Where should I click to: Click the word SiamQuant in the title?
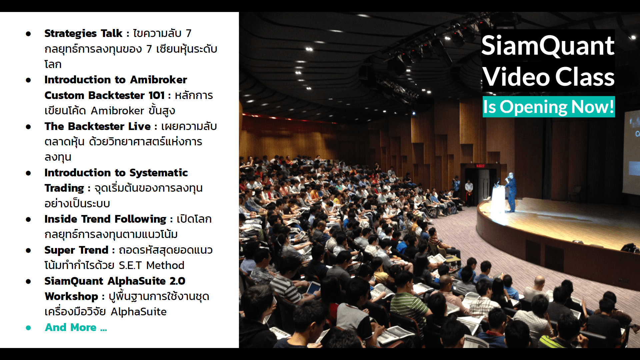[x=548, y=46]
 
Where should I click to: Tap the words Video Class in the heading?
[x=548, y=77]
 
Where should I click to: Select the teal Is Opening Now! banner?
[x=549, y=107]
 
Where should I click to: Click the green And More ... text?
[x=76, y=327]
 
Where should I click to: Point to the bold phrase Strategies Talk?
[x=83, y=33]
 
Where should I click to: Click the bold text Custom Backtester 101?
[x=105, y=95]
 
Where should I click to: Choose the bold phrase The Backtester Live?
[x=98, y=126]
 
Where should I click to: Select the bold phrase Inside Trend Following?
[x=105, y=219]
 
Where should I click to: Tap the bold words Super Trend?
[x=77, y=250]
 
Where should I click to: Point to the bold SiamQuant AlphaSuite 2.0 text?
[x=115, y=281]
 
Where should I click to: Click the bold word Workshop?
[x=71, y=296]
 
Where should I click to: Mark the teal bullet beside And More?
[x=28, y=328]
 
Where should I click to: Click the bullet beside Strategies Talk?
[x=28, y=34]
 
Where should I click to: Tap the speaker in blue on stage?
[x=511, y=192]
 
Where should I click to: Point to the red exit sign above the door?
[x=480, y=166]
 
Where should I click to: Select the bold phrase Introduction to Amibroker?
[x=116, y=80]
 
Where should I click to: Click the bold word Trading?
[x=64, y=188]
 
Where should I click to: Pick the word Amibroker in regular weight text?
[x=117, y=111]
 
